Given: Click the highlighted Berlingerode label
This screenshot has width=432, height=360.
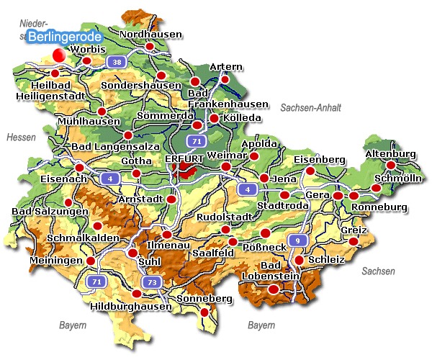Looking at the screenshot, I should pyautogui.click(x=64, y=37).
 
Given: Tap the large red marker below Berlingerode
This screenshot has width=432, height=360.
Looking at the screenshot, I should pyautogui.click(x=59, y=53).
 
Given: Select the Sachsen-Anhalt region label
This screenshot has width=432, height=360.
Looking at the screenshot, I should pyautogui.click(x=310, y=107).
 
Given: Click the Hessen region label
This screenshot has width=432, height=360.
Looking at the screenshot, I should pyautogui.click(x=20, y=137).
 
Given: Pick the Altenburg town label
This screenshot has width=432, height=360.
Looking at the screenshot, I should pyautogui.click(x=391, y=154).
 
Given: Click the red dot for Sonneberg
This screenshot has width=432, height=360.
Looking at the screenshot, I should pyautogui.click(x=204, y=312).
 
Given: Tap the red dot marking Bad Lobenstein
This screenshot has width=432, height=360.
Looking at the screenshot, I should pyautogui.click(x=273, y=289).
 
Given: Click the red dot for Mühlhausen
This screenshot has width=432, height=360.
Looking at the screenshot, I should pyautogui.click(x=102, y=111).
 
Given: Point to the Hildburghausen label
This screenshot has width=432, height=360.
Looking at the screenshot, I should pyautogui.click(x=132, y=306).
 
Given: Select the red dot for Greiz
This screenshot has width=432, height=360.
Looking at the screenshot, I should pyautogui.click(x=354, y=240).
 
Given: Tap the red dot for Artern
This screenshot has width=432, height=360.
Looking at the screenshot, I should pyautogui.click(x=225, y=79).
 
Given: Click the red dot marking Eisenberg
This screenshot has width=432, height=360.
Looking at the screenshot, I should pyautogui.click(x=310, y=171).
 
